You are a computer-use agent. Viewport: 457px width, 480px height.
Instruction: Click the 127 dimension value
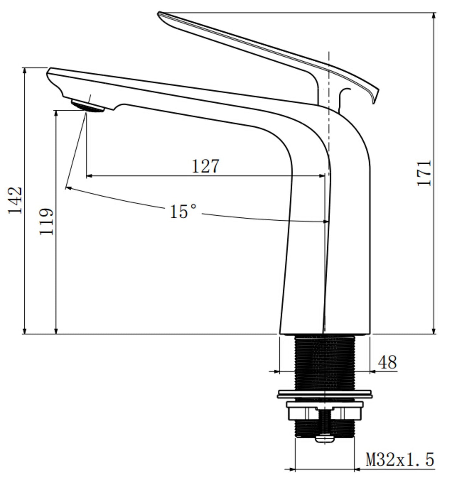click(x=206, y=166)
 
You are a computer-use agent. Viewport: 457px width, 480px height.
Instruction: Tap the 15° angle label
click(x=183, y=211)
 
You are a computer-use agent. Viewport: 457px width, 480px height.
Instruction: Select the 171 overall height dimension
click(x=424, y=173)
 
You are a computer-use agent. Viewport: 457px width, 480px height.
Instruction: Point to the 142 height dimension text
click(x=15, y=201)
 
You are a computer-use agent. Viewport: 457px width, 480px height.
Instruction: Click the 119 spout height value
click(x=46, y=221)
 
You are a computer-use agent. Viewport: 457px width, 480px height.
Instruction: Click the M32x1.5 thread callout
click(x=400, y=459)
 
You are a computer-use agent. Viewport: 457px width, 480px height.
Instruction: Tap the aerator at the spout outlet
click(x=87, y=106)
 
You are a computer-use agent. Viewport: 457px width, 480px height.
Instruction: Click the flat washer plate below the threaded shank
click(x=324, y=394)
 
